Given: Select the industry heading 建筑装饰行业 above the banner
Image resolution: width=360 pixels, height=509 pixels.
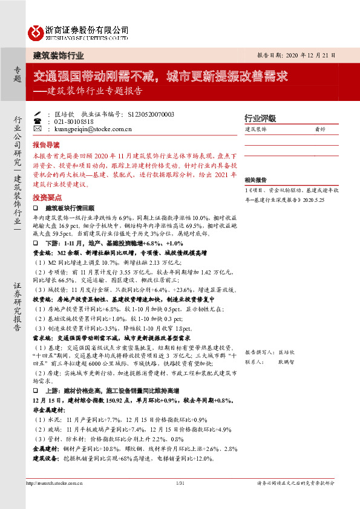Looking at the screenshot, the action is tap(58, 56).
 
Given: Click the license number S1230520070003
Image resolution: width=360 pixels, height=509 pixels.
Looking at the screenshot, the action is tap(151, 114).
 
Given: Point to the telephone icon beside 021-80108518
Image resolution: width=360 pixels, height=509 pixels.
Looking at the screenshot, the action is tap(38, 122).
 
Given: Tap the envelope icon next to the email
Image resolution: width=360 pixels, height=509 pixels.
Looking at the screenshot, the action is tap(38, 129).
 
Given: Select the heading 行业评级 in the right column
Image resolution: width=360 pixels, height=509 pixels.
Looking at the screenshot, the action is tap(260, 118).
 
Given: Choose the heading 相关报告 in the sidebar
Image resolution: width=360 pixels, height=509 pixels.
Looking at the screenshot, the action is tap(256, 180).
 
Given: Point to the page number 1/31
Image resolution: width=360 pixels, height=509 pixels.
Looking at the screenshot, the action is tap(179, 483).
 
